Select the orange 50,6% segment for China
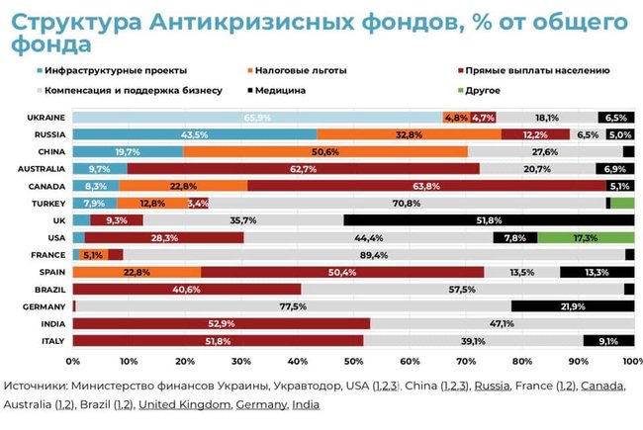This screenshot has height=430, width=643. point(325,151)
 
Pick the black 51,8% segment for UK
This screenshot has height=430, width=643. point(489,220)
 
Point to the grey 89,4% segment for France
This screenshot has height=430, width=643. point(374,255)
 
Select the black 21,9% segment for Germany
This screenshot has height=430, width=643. point(573,306)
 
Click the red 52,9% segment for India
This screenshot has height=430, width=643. point(221,323)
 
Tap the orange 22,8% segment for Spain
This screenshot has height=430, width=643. point(137,272)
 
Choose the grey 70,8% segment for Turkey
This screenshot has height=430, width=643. point(407,204)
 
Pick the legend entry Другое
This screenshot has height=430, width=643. point(480,90)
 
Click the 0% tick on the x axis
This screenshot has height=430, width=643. point(72,361)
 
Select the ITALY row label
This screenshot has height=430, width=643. point(51,341)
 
